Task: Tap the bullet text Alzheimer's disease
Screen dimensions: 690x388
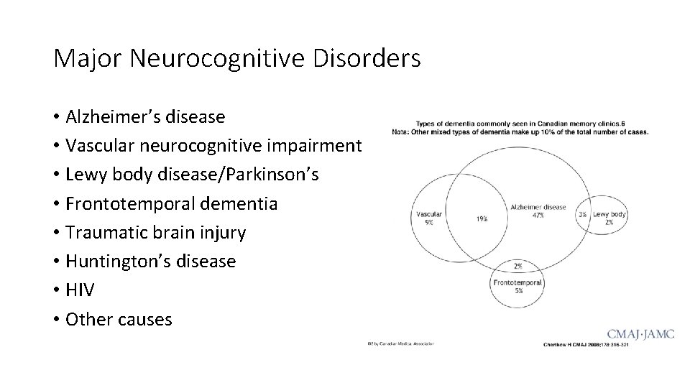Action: coord(144,116)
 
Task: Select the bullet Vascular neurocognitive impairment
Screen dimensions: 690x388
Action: coord(213,145)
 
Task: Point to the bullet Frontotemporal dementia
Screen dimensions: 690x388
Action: coord(171,203)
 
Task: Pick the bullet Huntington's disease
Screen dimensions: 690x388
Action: coord(150,262)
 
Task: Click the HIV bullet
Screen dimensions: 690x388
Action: coord(79,290)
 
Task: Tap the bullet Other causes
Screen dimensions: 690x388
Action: coord(119,319)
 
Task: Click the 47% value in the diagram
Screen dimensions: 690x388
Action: coord(538,215)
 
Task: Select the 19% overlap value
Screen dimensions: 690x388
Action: coord(481,218)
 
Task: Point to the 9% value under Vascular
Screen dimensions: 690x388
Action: coord(429,222)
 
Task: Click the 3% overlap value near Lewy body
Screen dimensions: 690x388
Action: coord(582,214)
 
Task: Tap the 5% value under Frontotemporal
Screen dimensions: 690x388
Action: coord(518,291)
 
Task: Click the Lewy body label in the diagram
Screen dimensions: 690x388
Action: coord(609,214)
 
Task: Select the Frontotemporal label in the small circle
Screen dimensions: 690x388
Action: coord(517,283)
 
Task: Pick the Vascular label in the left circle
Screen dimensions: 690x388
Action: coord(428,214)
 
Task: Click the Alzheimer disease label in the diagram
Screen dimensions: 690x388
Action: coord(538,207)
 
